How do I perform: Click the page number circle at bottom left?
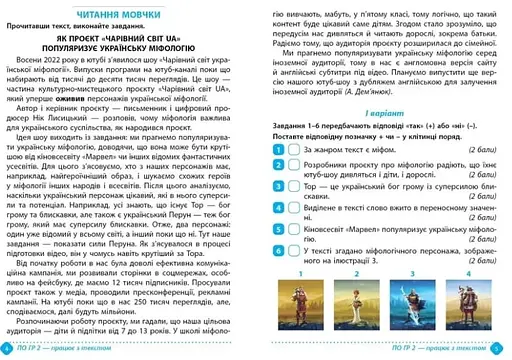point(11,349)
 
